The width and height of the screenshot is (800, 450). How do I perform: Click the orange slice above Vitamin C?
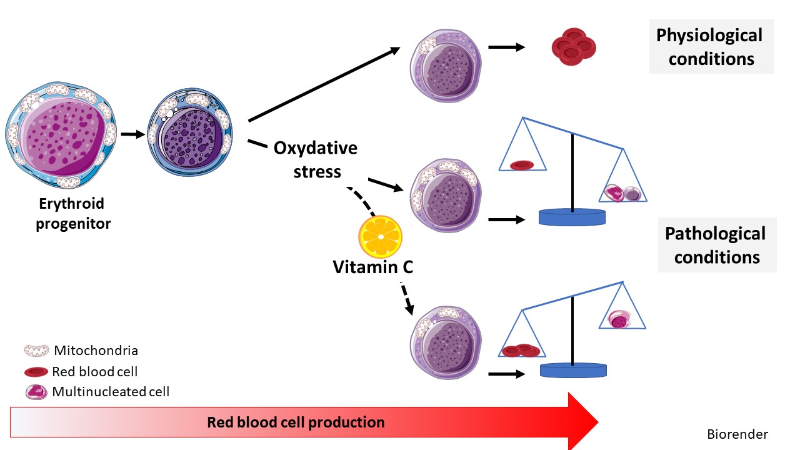[381, 236]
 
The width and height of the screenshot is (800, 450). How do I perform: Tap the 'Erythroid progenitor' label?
[73, 214]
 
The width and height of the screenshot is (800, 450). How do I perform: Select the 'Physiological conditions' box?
[711, 47]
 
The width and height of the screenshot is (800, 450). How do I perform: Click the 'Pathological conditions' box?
[717, 245]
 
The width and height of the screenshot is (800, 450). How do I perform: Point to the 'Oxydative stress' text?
[316, 159]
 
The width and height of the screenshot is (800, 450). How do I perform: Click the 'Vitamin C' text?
[373, 267]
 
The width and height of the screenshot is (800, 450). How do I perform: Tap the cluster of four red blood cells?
[574, 47]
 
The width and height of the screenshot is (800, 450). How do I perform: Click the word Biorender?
[737, 434]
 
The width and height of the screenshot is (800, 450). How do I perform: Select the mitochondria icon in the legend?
[36, 351]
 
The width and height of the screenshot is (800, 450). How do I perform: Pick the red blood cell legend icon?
[36, 372]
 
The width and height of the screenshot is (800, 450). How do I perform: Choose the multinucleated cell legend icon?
[36, 392]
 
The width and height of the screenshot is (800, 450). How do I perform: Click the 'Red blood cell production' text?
[296, 422]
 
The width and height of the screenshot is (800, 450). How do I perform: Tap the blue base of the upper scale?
[572, 217]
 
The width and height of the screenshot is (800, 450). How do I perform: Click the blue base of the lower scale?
[573, 371]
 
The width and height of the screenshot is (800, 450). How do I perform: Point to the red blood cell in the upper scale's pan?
[522, 165]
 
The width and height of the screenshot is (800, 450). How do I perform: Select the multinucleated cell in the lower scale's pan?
[619, 319]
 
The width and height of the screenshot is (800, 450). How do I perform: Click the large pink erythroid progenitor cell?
[61, 134]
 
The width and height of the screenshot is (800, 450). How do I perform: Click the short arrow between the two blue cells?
[133, 134]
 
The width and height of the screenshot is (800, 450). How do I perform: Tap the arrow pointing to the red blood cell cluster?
[506, 47]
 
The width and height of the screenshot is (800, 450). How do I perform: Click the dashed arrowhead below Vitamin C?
[409, 309]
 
